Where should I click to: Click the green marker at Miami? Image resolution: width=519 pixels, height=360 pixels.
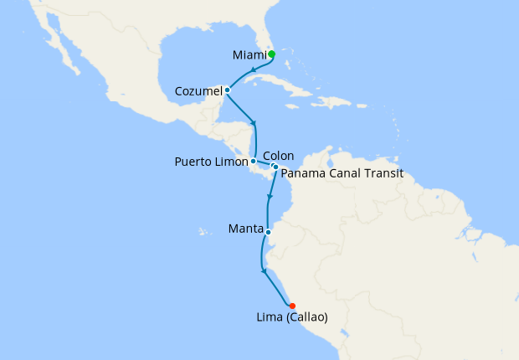(272, 54)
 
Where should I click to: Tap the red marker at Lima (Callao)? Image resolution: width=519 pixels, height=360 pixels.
(292, 306)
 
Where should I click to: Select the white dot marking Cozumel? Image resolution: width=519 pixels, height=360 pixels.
(228, 90)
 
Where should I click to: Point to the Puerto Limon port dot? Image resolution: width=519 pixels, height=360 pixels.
(254, 161)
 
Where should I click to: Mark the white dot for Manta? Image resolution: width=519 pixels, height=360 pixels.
(268, 232)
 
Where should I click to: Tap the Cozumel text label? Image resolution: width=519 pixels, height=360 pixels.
(198, 90)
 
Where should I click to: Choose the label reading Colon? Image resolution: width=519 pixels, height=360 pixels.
(278, 156)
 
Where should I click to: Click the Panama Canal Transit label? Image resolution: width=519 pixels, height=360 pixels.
(342, 173)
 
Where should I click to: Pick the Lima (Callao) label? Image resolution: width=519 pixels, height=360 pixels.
(292, 317)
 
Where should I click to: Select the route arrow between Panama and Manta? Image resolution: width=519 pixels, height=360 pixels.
(269, 198)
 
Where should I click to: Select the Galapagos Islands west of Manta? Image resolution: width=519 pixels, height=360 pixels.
(201, 230)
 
